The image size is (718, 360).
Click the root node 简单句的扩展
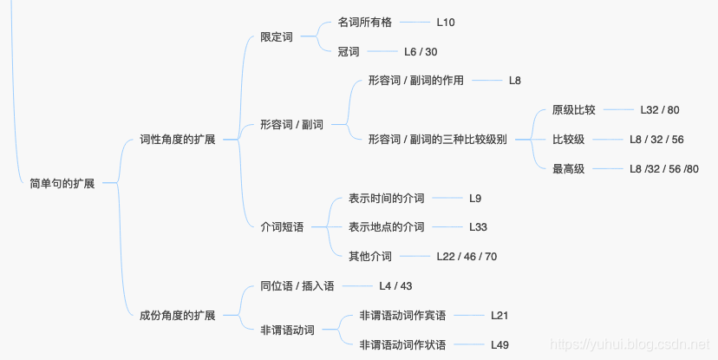(62, 184)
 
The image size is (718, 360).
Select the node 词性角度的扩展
(177, 140)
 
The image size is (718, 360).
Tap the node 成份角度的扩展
(177, 315)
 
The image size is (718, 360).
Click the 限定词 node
(277, 37)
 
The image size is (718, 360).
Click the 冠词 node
(349, 52)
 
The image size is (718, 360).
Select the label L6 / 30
(421, 52)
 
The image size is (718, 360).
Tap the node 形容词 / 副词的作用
(415, 81)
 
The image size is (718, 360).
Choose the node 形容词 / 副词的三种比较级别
(437, 139)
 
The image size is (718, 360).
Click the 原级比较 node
(573, 110)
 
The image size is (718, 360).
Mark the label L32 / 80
(659, 110)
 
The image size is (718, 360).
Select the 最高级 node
(568, 169)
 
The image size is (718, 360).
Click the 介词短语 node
(282, 227)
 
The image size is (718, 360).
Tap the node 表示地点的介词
(386, 227)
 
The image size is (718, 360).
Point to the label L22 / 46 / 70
(467, 257)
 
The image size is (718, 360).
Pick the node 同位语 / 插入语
(297, 286)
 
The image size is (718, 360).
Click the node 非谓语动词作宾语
(402, 316)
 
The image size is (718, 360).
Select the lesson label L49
(499, 345)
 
